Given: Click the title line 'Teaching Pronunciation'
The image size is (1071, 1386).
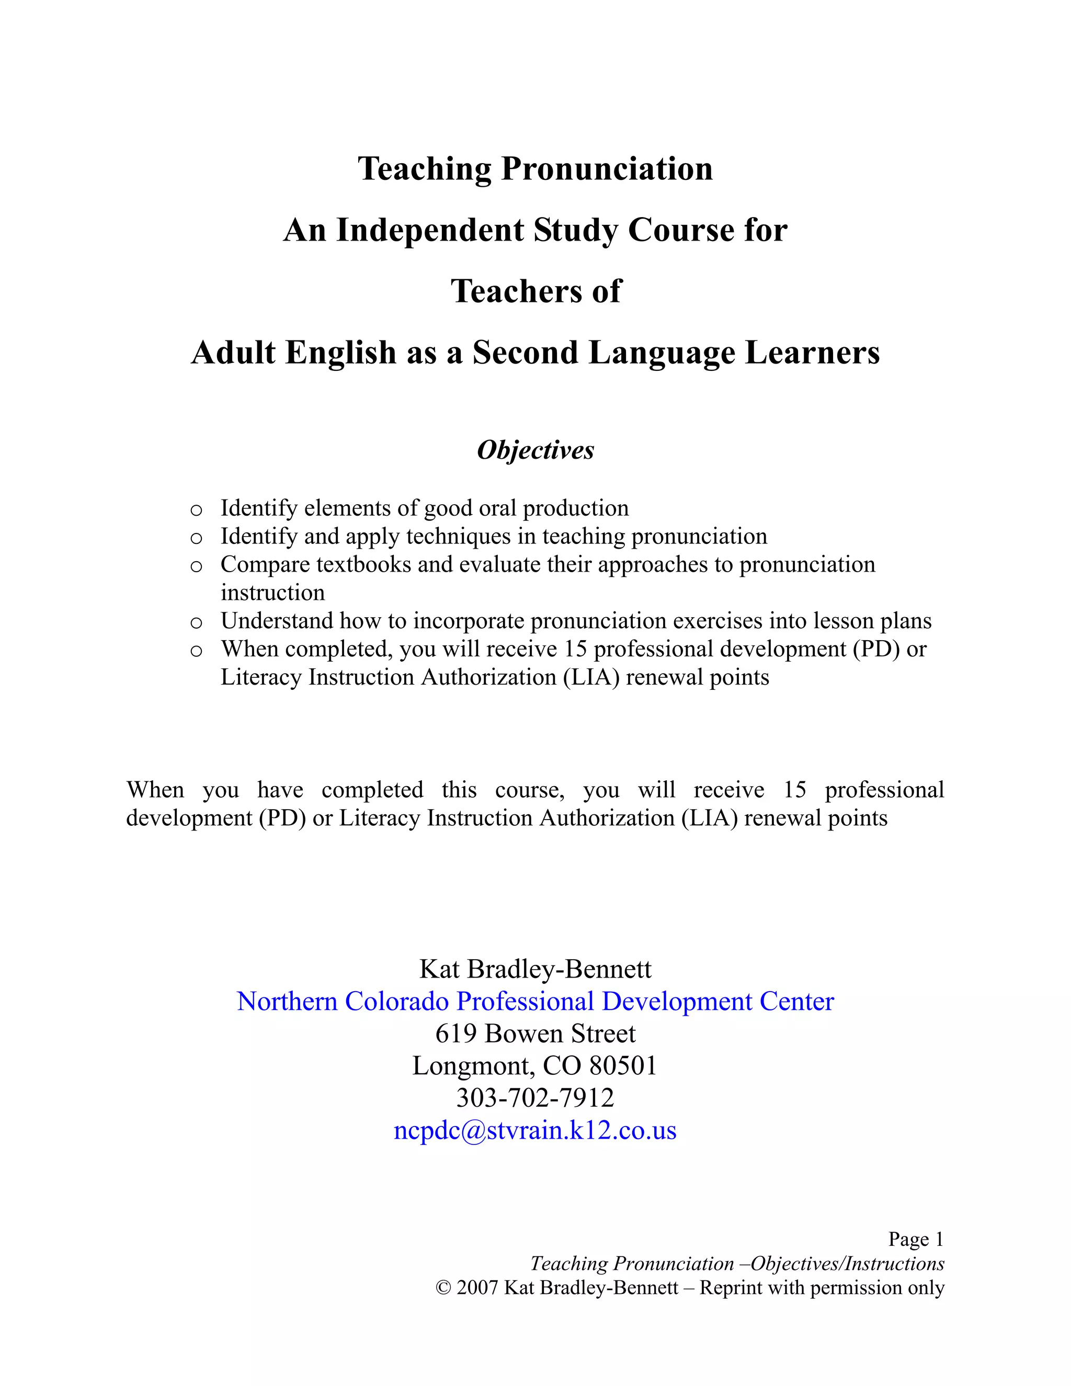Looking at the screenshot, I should [x=535, y=169].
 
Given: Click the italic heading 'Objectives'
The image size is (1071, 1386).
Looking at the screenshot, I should [x=535, y=450].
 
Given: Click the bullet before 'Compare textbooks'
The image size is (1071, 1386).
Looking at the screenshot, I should [x=196, y=566].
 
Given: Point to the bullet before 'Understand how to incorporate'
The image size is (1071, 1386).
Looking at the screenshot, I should [x=196, y=622].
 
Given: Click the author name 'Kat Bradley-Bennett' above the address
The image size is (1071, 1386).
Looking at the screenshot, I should [x=535, y=969].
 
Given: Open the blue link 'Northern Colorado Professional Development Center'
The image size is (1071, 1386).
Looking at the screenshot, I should [x=535, y=1002].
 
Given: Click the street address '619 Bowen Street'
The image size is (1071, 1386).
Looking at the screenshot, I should [x=535, y=1034].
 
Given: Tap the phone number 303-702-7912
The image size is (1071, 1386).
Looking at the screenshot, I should [x=535, y=1098].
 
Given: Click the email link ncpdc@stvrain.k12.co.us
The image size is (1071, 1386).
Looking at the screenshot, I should [x=535, y=1130].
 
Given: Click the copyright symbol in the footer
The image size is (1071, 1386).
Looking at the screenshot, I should [x=443, y=1288].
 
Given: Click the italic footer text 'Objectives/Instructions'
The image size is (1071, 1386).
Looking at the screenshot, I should [x=847, y=1264].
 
